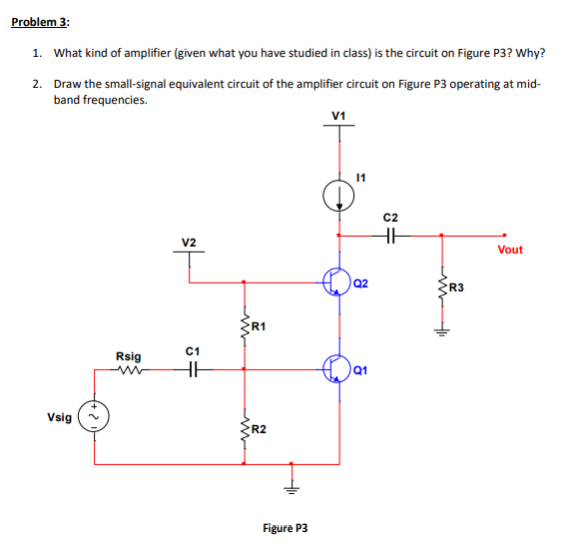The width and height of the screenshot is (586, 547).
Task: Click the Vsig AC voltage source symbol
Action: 95,417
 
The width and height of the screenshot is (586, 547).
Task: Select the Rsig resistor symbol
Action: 128,370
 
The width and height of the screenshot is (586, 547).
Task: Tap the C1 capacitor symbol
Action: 194,370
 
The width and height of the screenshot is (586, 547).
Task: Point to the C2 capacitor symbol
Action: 390,236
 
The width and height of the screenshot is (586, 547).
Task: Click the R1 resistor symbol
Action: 243,325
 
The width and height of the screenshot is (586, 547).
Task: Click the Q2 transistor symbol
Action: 337,282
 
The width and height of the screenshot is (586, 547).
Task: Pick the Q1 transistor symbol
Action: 337,369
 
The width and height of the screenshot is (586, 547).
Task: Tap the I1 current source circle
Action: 338,195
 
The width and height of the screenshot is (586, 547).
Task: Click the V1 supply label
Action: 338,118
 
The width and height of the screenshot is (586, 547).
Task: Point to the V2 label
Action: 189,243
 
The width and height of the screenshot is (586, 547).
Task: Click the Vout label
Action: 509,250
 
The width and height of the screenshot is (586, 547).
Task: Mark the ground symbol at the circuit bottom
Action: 292,488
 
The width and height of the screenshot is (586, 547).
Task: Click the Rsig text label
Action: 128,355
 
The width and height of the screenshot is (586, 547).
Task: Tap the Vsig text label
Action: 59,417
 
